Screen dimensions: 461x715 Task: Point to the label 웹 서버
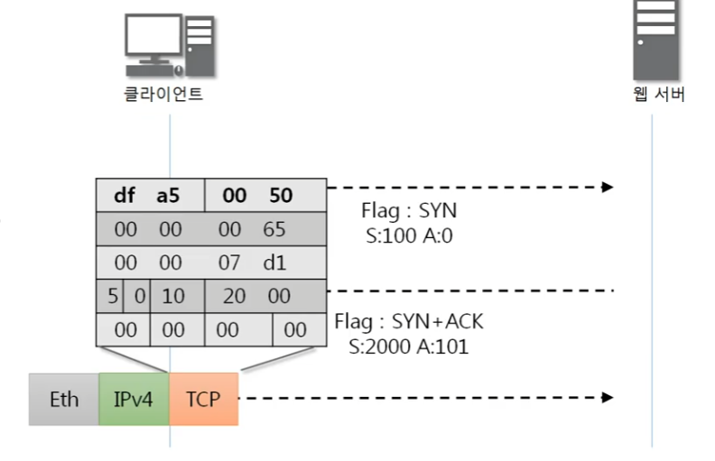click(658, 94)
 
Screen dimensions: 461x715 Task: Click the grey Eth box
click(63, 399)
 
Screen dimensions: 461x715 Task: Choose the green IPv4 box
click(134, 399)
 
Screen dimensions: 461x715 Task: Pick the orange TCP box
click(203, 399)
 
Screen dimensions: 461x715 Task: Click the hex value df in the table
click(124, 195)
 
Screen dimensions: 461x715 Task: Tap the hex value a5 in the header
click(168, 195)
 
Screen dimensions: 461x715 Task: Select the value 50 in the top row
click(281, 195)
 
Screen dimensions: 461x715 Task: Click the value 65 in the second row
click(274, 229)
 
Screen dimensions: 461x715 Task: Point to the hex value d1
click(274, 263)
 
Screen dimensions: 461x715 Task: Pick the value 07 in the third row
click(229, 263)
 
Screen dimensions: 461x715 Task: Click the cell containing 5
click(111, 296)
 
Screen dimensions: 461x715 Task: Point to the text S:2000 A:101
click(409, 346)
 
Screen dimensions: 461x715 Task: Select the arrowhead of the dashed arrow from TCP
click(608, 397)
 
